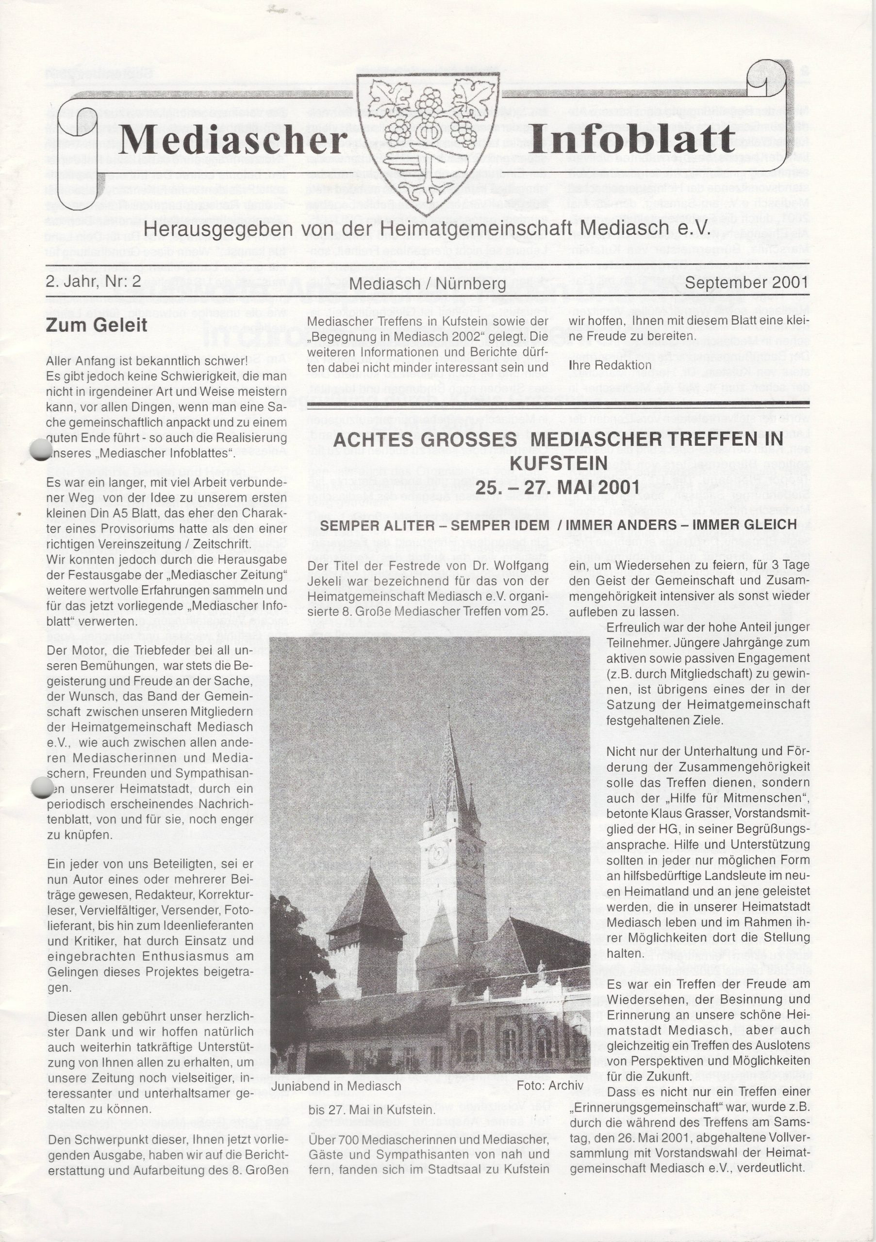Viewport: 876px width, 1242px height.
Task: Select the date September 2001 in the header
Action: click(746, 283)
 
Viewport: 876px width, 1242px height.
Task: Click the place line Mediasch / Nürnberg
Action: click(428, 283)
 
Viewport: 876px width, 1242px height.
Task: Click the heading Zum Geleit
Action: click(96, 326)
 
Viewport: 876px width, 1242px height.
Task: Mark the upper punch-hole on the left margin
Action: click(41, 450)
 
